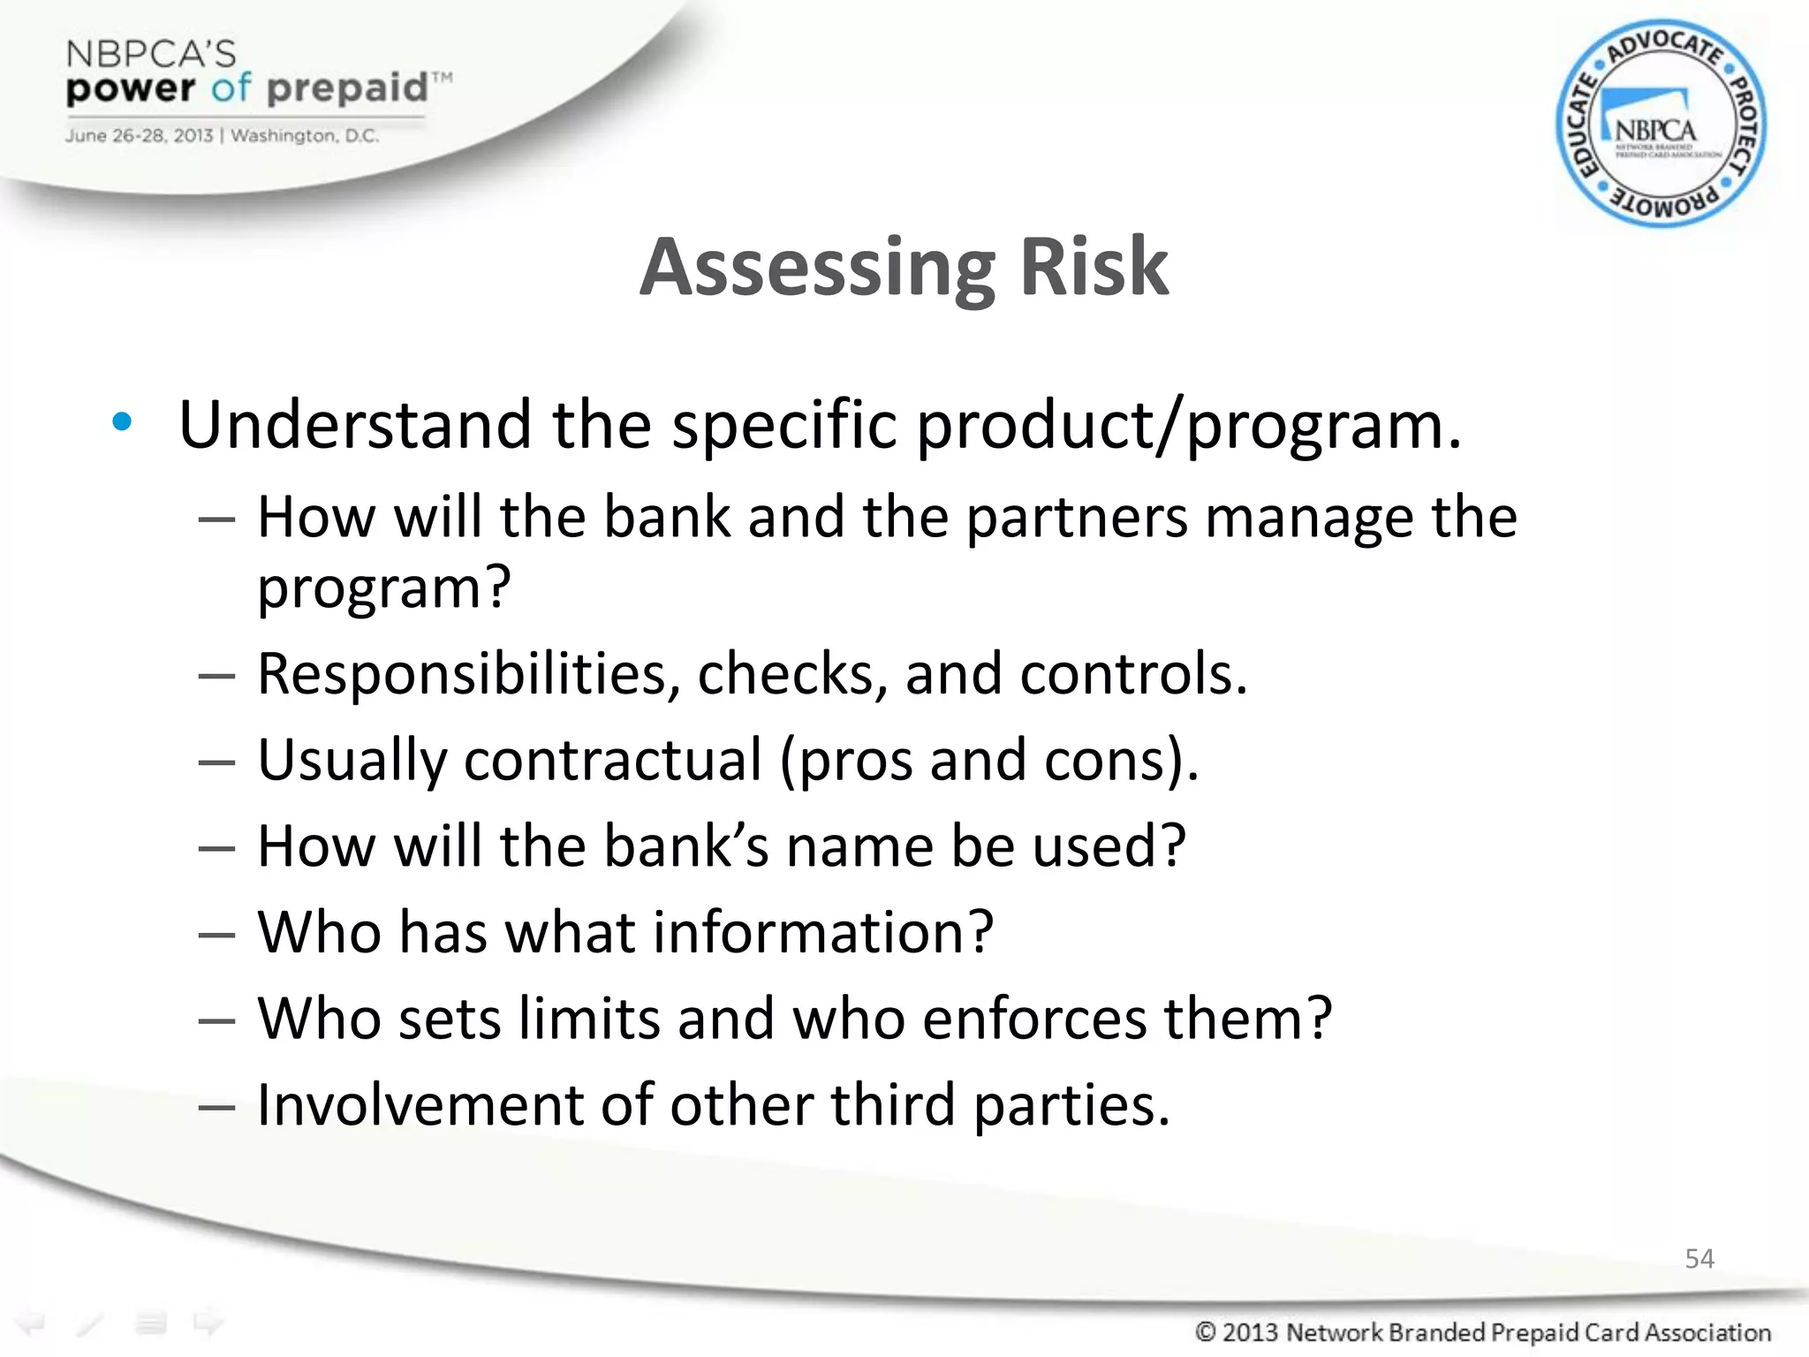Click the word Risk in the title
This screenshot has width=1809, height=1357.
[x=1094, y=266]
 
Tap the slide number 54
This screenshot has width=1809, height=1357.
[x=1699, y=1258]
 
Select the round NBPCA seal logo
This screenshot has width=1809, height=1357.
[x=1660, y=124]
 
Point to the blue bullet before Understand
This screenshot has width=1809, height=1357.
[x=122, y=422]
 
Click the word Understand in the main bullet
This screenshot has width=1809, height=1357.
[x=354, y=425]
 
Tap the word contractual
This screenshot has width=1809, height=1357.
[x=612, y=760]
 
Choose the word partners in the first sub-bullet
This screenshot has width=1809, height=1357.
[x=1076, y=517]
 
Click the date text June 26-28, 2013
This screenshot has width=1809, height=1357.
[x=139, y=136]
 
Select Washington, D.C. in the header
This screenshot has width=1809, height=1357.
[x=305, y=136]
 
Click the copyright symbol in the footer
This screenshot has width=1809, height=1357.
[x=1205, y=1331]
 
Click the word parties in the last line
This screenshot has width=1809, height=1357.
[x=1071, y=1104]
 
